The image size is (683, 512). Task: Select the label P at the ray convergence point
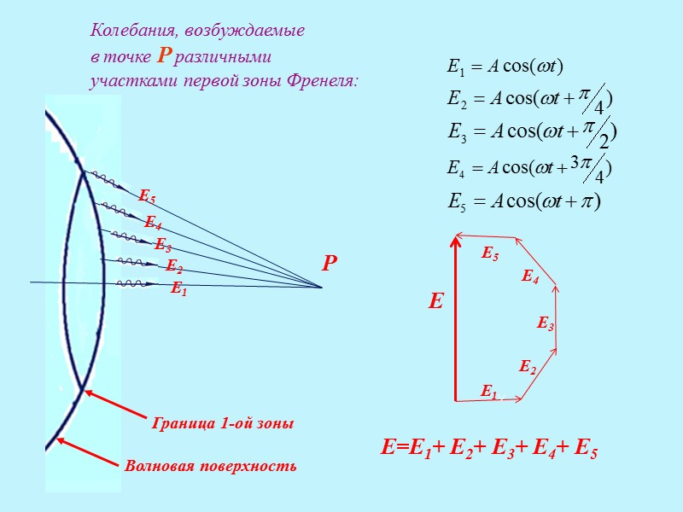(x=330, y=265)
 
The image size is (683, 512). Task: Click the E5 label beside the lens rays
(x=147, y=199)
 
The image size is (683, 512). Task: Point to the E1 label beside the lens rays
(x=178, y=289)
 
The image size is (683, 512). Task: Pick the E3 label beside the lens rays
(x=162, y=245)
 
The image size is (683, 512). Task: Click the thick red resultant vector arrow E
(x=456, y=316)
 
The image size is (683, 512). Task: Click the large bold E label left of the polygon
(x=436, y=301)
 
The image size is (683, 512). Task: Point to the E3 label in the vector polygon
(x=546, y=323)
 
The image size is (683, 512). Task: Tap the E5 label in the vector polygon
(x=490, y=254)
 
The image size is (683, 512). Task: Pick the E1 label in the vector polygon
(x=488, y=392)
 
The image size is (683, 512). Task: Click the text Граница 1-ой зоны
(x=223, y=423)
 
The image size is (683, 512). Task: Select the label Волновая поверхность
(x=210, y=466)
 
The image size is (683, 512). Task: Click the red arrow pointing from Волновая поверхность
(x=85, y=452)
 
